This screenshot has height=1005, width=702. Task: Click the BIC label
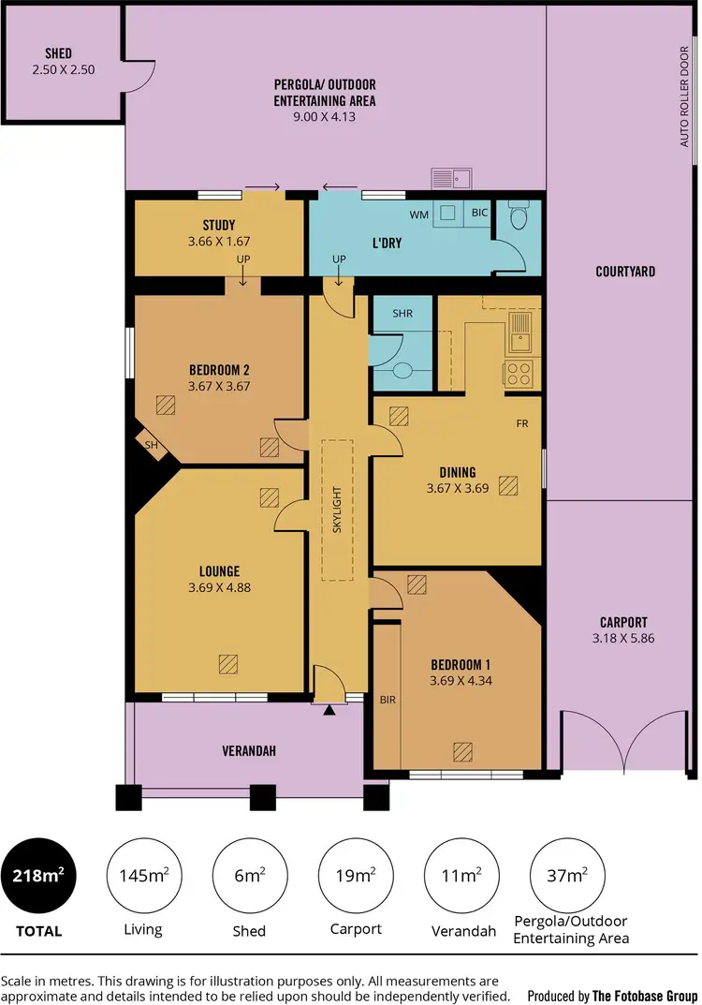pyautogui.click(x=479, y=214)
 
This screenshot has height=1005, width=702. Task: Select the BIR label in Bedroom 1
pyautogui.click(x=388, y=699)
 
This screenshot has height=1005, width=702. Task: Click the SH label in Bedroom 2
pyautogui.click(x=151, y=445)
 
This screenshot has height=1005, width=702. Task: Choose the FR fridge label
pyautogui.click(x=522, y=423)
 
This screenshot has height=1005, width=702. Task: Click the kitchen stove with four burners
pyautogui.click(x=519, y=375)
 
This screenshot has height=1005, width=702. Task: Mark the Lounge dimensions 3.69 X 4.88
pyautogui.click(x=219, y=588)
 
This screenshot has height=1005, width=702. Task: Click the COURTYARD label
pyautogui.click(x=625, y=272)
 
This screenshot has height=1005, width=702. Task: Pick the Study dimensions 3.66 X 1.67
pyautogui.click(x=218, y=241)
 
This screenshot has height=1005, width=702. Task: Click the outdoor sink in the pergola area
pyautogui.click(x=450, y=178)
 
